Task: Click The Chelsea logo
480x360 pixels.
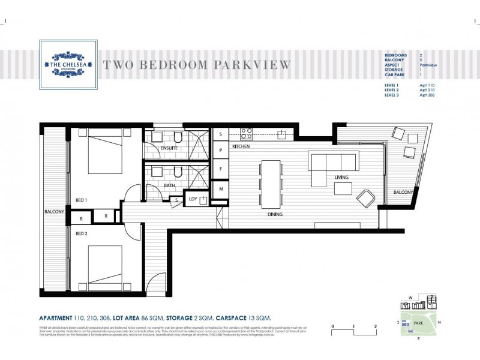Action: pyautogui.click(x=68, y=64)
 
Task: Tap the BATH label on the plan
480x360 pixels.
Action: pyautogui.click(x=169, y=185)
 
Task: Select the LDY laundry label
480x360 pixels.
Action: pyautogui.click(x=193, y=199)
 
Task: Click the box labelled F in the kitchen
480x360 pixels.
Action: pyautogui.click(x=220, y=169)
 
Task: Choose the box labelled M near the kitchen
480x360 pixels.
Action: pyautogui.click(x=220, y=189)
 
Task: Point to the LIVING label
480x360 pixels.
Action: pyautogui.click(x=342, y=178)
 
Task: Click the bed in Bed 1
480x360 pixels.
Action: pyautogui.click(x=106, y=154)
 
